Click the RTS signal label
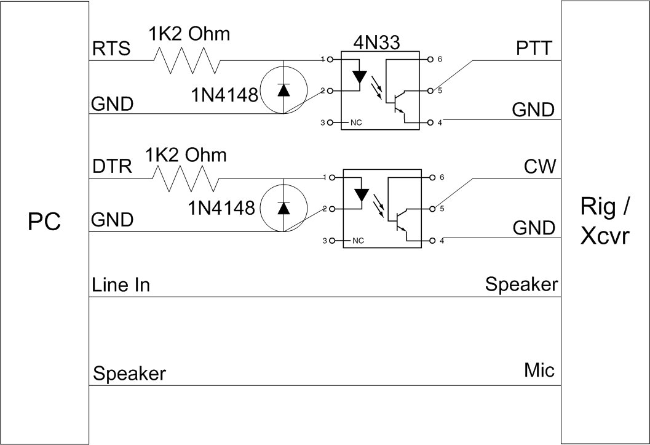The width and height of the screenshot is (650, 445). [x=111, y=49]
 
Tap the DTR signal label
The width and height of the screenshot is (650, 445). [x=111, y=167]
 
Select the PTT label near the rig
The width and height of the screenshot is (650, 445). [x=535, y=47]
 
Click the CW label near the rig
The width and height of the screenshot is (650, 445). [x=540, y=166]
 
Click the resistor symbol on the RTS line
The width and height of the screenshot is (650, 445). [x=186, y=61]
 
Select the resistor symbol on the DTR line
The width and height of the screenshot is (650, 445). [x=185, y=179]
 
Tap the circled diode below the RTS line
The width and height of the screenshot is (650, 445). [x=283, y=90]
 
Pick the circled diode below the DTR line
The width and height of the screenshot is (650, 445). [x=283, y=208]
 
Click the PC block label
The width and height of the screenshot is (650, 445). [x=44, y=222]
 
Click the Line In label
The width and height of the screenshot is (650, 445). [x=121, y=286]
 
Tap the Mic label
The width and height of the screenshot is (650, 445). [x=539, y=370]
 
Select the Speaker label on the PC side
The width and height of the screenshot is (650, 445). [x=129, y=374]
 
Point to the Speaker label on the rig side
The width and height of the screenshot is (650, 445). [x=521, y=284]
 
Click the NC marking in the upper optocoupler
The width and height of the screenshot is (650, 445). [x=355, y=122]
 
